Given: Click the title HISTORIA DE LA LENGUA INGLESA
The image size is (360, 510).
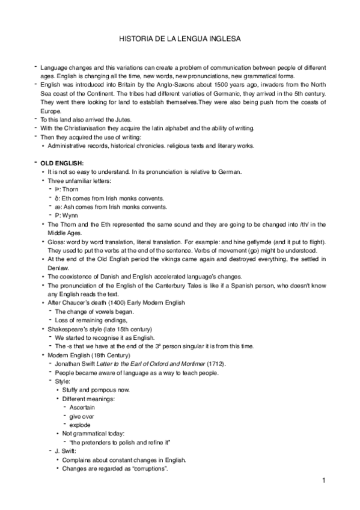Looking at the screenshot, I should [x=180, y=39].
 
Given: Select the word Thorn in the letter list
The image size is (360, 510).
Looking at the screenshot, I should [x=70, y=189].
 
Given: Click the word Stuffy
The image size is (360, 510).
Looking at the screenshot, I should [x=72, y=390].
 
